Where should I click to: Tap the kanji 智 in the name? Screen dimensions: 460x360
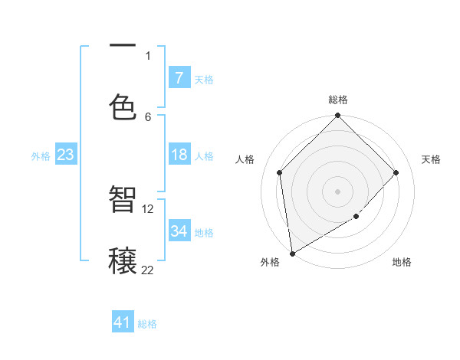123,199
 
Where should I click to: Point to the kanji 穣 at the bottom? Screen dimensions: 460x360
123,259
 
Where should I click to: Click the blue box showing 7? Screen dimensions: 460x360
179,77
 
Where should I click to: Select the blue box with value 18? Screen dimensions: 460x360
179,155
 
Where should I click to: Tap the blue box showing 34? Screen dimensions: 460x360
179,231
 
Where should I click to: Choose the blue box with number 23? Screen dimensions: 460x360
66,155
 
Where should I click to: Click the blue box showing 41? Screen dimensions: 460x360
123,322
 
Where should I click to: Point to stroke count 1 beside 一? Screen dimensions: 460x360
148,55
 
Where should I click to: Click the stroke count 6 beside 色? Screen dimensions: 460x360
148,116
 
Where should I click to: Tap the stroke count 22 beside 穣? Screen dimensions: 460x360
148,270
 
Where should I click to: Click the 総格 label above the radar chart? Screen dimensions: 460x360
338,100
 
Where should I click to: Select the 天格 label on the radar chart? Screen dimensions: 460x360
431,159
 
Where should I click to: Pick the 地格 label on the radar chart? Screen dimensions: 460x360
402,262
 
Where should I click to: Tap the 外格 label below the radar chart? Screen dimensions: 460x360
270,262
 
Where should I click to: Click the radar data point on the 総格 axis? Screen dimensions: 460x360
337,116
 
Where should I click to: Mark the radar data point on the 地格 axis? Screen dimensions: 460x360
356,217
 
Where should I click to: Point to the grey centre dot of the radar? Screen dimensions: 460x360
337,191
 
